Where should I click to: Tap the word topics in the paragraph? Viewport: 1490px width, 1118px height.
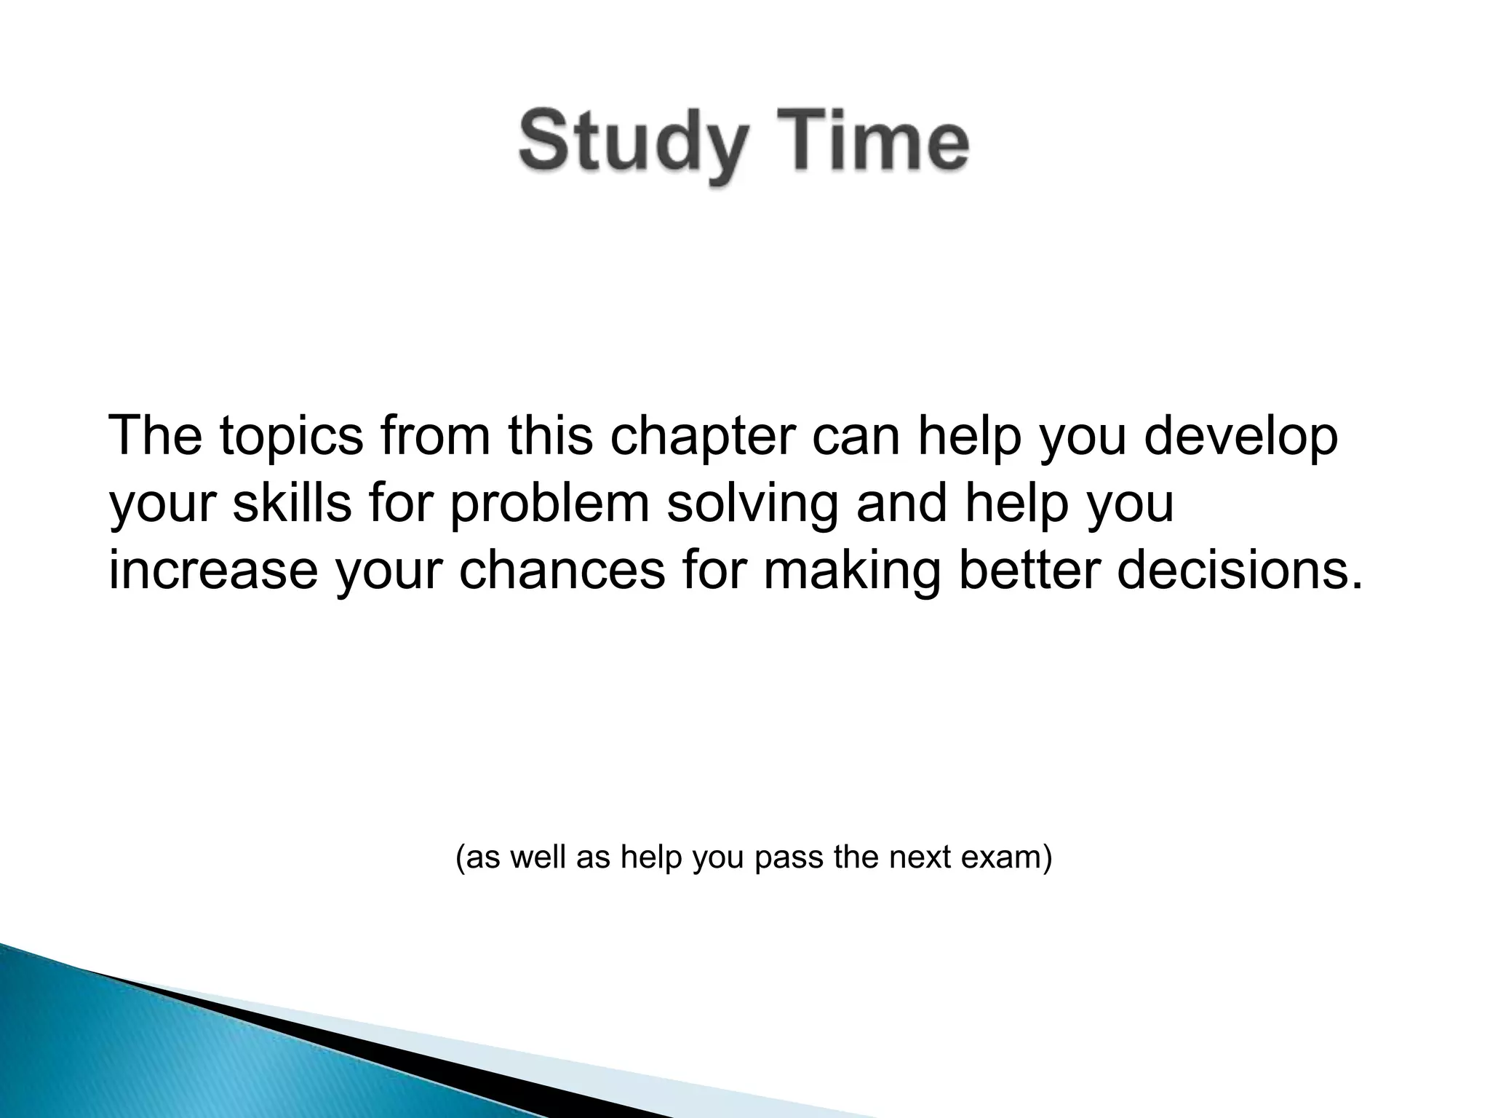pos(290,437)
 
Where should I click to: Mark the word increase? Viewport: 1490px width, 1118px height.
pos(213,570)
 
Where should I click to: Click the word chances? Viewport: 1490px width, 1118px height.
pos(562,570)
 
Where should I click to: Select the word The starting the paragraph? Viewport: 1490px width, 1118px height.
pos(155,437)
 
